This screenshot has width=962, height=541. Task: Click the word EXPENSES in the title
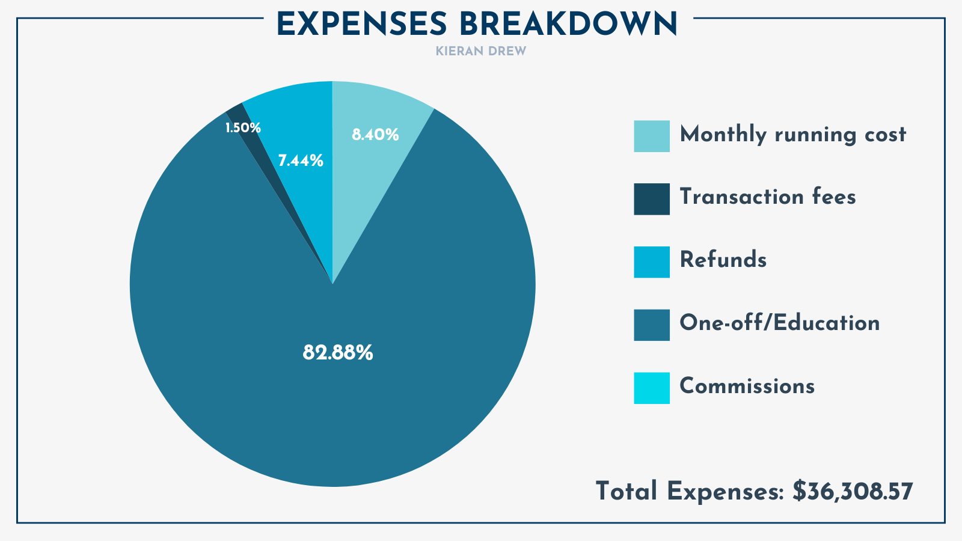pos(361,25)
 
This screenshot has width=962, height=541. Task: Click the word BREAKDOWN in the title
pos(568,25)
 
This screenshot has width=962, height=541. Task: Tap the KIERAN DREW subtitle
pos(481,52)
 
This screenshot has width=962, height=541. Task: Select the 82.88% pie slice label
pos(337,353)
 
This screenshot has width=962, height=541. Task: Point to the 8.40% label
pos(375,135)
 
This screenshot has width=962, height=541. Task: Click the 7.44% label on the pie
pos(301,161)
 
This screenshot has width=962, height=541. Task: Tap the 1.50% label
pos(243,128)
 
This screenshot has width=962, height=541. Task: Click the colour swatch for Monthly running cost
pos(651,136)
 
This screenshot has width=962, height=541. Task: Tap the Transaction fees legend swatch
pos(651,199)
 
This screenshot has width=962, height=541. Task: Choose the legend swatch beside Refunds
pos(651,262)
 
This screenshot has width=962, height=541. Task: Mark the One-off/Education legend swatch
pos(651,325)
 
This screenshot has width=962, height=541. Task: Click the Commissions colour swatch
pos(651,388)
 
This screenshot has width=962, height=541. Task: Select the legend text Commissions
pos(747,386)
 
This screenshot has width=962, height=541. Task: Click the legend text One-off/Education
pos(779,323)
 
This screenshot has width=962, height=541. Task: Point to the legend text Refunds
pos(723,260)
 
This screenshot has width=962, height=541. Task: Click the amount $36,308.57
pos(853,491)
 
